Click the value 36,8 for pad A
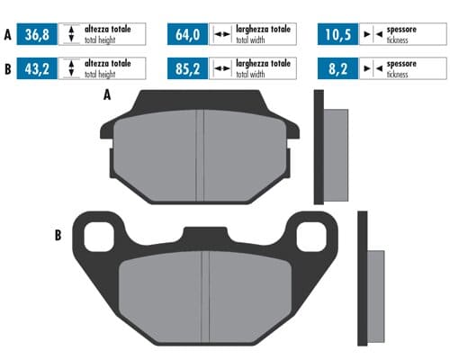[37, 36]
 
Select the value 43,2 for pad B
[37, 67]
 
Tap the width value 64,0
[186, 36]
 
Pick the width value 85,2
[186, 67]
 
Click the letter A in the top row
[8, 36]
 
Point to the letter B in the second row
[8, 67]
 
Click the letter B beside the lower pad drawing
[58, 236]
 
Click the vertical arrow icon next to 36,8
[71, 36]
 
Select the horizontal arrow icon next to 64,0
[220, 36]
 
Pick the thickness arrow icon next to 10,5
[370, 36]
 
